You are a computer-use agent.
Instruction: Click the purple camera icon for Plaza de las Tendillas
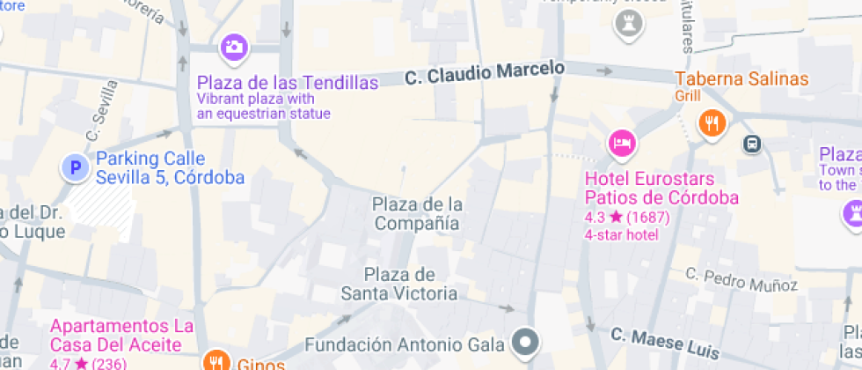click(x=233, y=47)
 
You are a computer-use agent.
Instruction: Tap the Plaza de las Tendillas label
click(x=288, y=83)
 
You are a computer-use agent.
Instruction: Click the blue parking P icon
click(x=76, y=167)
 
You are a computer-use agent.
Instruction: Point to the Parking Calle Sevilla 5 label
click(x=169, y=168)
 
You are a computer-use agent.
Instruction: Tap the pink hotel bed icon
click(x=622, y=143)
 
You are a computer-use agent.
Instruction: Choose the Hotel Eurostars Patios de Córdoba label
click(x=661, y=188)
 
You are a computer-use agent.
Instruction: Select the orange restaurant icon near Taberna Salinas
click(x=712, y=123)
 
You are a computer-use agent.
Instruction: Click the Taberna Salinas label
click(x=741, y=79)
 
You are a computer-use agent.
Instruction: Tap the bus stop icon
click(x=752, y=144)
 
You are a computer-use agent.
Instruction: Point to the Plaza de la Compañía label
click(x=417, y=214)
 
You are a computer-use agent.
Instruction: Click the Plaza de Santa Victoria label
click(x=399, y=284)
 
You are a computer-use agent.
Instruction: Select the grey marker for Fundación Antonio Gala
click(x=526, y=341)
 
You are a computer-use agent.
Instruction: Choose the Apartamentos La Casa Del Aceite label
click(x=121, y=335)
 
